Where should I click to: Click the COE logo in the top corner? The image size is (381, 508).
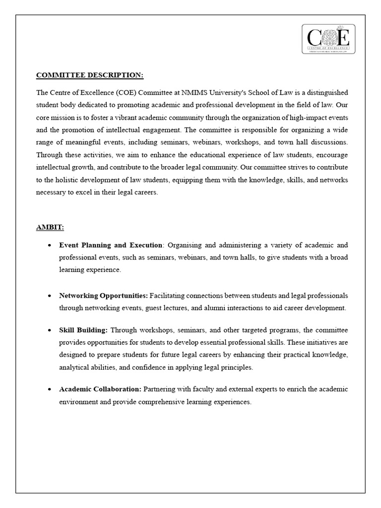pyautogui.click(x=328, y=39)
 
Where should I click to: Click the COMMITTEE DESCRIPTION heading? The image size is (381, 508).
pyautogui.click(x=90, y=75)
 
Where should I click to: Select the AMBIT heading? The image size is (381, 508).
pyautogui.click(x=50, y=227)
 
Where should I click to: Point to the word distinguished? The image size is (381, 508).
pyautogui.click(x=325, y=93)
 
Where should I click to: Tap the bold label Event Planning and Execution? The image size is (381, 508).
pyautogui.click(x=111, y=245)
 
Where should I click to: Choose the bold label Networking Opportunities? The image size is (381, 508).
pyautogui.click(x=103, y=295)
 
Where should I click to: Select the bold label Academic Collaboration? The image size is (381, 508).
pyautogui.click(x=100, y=389)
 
